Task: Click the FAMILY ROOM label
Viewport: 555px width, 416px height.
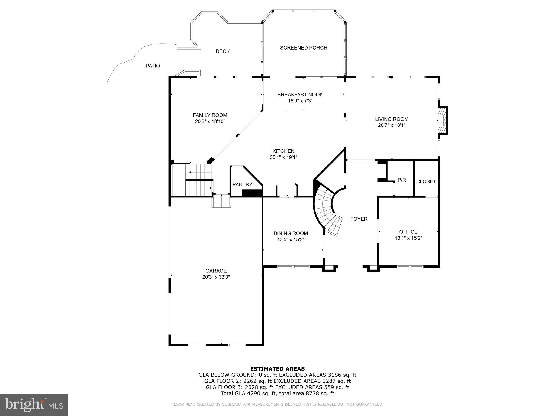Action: pos(210,115)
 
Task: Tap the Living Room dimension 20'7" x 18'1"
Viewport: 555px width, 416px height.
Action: pos(392,125)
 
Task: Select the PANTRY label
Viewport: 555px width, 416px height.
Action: pos(242,184)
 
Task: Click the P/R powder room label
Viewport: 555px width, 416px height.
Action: pos(402,180)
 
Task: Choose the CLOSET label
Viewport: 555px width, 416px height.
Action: pos(426,181)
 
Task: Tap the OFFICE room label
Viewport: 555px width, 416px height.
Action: pos(408,232)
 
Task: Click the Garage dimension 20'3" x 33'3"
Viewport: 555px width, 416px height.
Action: pos(216,277)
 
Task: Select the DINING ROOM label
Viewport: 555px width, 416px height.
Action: pos(291,233)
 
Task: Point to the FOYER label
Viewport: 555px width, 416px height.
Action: pos(359,219)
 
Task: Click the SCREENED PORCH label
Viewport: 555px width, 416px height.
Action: pos(304,48)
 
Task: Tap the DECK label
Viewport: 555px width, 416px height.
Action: pos(222,51)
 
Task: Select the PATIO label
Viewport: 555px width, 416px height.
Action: pos(153,66)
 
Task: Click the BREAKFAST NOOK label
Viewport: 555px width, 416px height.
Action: pos(300,95)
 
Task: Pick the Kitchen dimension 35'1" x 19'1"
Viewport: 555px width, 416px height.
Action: pos(283,157)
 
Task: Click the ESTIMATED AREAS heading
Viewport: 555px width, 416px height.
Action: pos(277,369)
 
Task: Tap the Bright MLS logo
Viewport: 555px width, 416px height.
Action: pos(34,405)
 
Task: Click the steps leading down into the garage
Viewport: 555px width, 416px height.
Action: pos(221,201)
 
